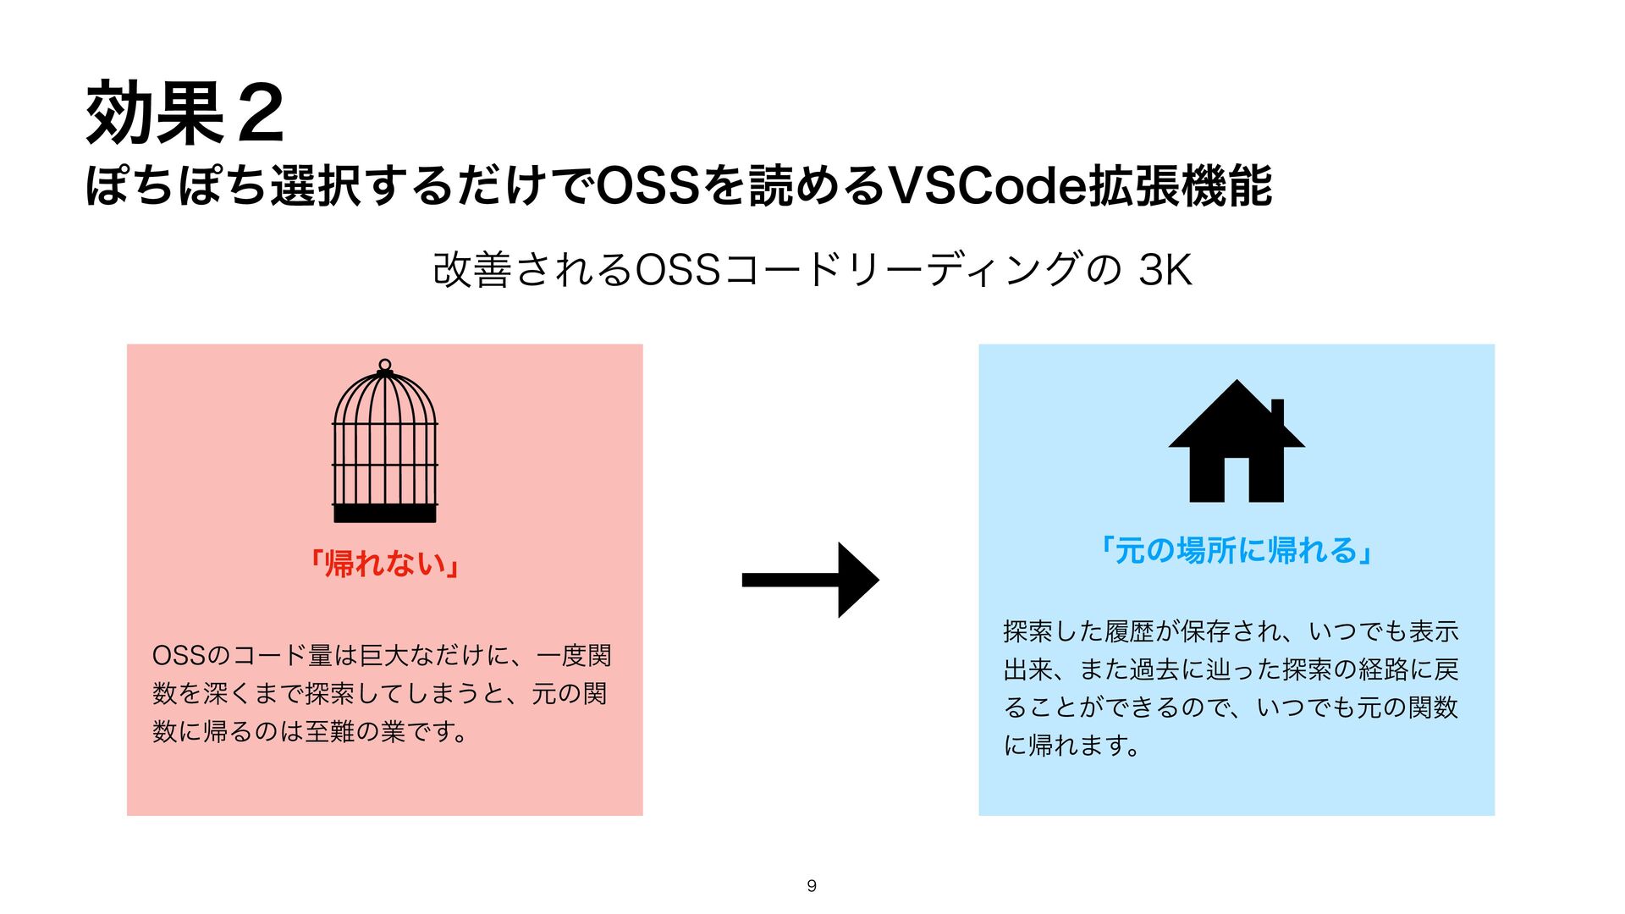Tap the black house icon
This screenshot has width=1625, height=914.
(x=1237, y=443)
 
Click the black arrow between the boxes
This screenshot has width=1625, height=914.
(x=810, y=580)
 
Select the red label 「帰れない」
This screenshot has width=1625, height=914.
(x=385, y=564)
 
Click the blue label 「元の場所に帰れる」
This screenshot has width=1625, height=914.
(x=1237, y=551)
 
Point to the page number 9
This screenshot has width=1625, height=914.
(x=812, y=886)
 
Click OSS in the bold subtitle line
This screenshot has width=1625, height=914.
(x=647, y=186)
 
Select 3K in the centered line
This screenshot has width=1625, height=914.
(x=1165, y=271)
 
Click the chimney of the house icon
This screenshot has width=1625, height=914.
(x=1278, y=413)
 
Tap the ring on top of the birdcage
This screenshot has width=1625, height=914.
(x=385, y=365)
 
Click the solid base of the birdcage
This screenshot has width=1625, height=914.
(x=385, y=513)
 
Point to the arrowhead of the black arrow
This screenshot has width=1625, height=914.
(x=858, y=580)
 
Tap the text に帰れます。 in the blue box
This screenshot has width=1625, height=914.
(x=1071, y=746)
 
